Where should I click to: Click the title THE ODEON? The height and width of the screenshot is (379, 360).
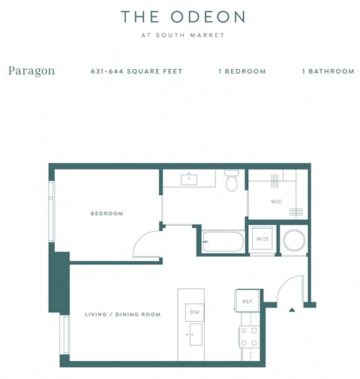(182, 16)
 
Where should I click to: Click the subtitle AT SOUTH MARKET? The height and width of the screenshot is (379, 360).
(182, 35)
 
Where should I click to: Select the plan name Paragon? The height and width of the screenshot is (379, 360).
(31, 71)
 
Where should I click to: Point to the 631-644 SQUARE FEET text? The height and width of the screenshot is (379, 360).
(136, 71)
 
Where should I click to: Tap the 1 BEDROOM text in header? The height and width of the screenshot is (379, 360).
(242, 71)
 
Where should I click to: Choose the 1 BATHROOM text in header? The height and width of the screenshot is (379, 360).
(328, 71)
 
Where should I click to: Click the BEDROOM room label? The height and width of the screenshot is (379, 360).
(106, 214)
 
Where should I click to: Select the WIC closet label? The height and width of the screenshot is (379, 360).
(276, 202)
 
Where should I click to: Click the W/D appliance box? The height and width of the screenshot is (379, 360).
(262, 239)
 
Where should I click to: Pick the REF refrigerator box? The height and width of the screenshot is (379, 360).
(247, 301)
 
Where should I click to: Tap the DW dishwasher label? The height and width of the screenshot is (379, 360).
(193, 312)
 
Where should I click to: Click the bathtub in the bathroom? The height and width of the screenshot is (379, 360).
(223, 242)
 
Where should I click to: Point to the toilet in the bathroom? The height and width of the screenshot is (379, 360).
(232, 180)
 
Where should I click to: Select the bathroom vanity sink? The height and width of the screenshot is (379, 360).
(189, 178)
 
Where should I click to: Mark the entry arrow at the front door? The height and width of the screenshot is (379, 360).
(292, 308)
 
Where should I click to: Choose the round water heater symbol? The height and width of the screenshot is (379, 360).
(293, 240)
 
